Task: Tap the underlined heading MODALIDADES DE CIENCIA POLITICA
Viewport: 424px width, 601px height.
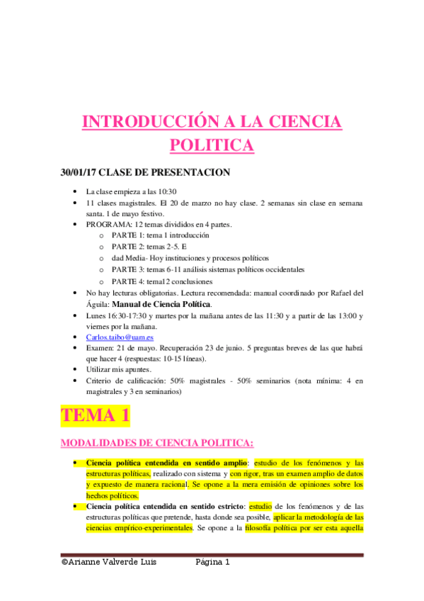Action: click(x=157, y=443)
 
